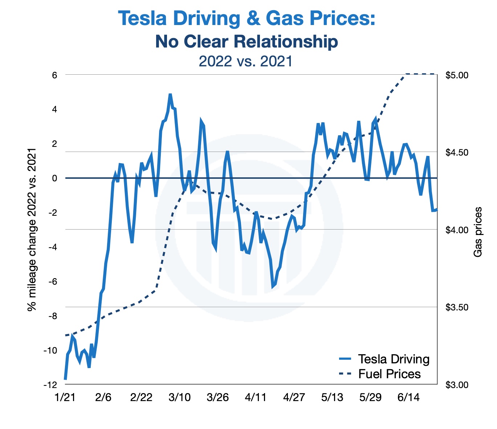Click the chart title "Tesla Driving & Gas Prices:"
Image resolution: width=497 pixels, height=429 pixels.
click(x=247, y=18)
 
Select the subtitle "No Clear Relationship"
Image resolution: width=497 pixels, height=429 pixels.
click(x=247, y=42)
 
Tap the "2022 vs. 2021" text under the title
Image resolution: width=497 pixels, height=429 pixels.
click(x=246, y=61)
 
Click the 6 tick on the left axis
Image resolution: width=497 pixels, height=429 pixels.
click(x=55, y=75)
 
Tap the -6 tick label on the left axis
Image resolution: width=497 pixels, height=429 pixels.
click(x=53, y=282)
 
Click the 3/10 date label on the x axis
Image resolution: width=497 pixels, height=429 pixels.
click(x=179, y=397)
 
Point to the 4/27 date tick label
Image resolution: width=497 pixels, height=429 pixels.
click(x=294, y=397)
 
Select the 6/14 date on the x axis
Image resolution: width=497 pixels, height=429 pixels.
click(x=408, y=397)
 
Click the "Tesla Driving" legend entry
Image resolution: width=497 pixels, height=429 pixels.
click(x=394, y=359)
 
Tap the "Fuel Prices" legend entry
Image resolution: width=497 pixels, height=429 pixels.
click(x=389, y=374)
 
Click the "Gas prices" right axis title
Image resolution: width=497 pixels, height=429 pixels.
click(x=478, y=232)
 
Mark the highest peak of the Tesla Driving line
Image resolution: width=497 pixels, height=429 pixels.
click(x=170, y=95)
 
